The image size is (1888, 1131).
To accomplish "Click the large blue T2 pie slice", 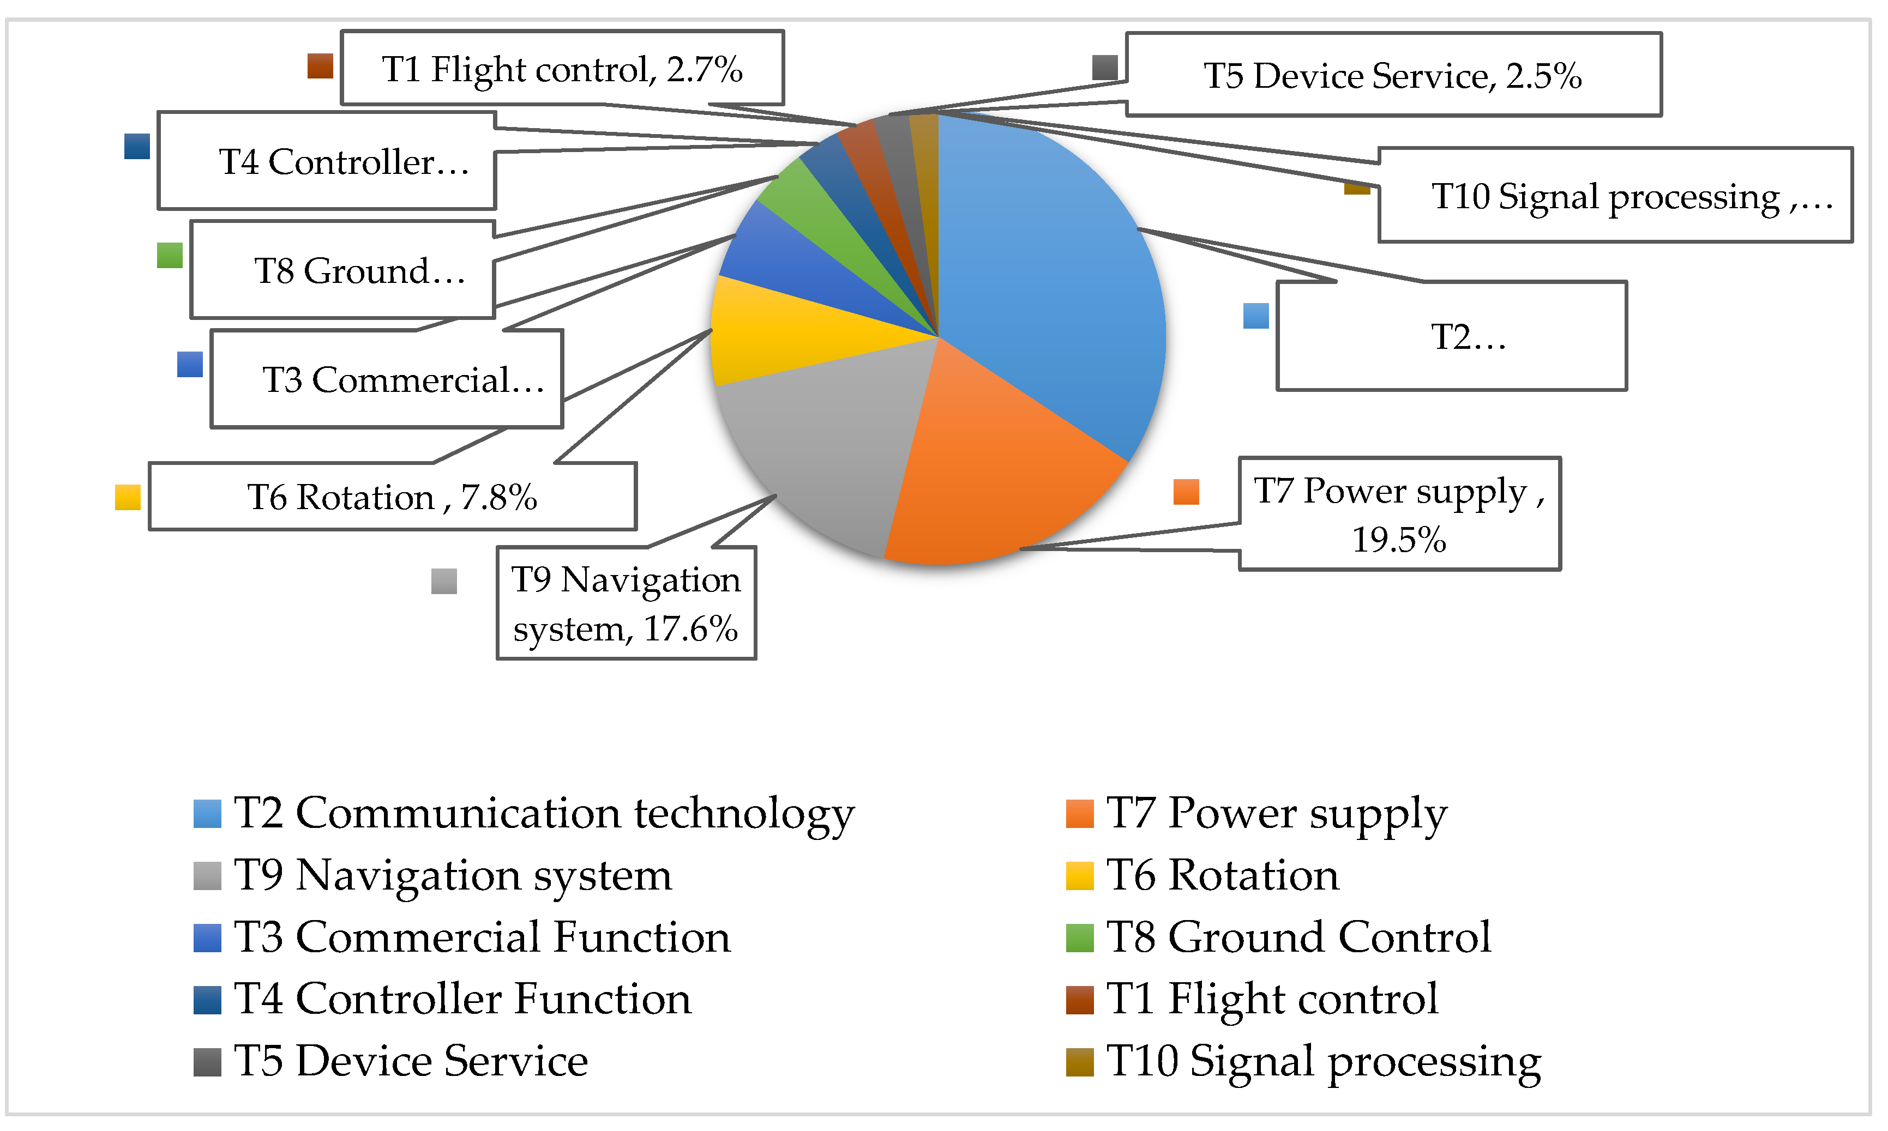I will (x=1053, y=267).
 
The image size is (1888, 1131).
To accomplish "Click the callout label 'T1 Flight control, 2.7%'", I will (x=562, y=69).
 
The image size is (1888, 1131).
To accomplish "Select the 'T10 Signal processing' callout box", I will (x=1614, y=196).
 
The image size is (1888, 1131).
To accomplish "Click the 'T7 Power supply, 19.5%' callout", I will (x=1399, y=513).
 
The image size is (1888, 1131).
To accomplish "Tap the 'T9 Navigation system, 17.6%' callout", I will (x=626, y=603).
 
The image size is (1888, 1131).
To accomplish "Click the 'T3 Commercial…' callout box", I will (x=387, y=379).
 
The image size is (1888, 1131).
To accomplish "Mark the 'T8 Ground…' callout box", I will (x=341, y=270).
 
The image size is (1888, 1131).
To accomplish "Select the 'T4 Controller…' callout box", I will (x=326, y=161).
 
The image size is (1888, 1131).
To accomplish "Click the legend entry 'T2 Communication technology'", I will (x=544, y=813).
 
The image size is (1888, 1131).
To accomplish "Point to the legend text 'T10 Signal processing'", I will (x=1324, y=1061).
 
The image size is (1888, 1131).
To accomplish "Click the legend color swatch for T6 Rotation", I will (x=1080, y=875).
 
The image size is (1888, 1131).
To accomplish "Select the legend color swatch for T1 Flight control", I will (x=1080, y=999).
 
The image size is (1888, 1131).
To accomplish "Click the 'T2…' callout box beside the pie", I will (x=1452, y=336).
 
